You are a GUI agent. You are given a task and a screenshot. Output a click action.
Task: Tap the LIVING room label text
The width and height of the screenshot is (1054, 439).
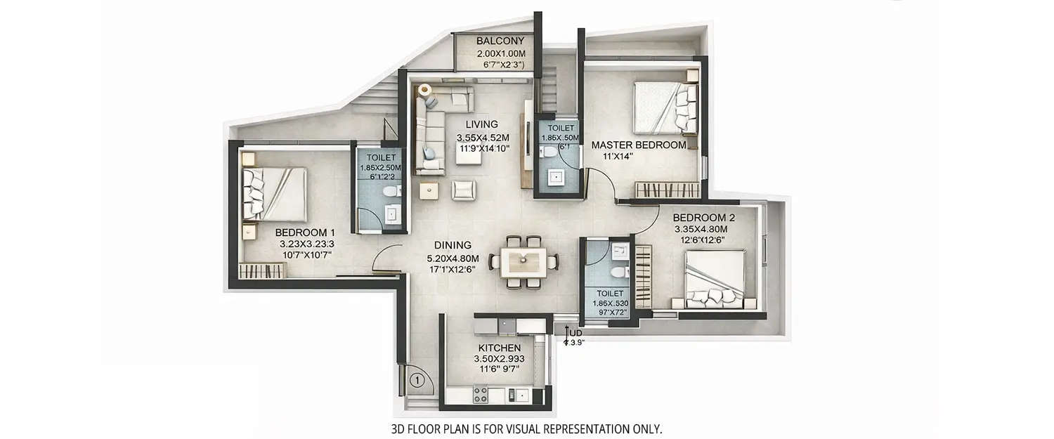click(x=481, y=124)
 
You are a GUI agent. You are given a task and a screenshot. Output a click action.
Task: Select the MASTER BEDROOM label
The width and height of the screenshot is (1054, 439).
click(x=638, y=145)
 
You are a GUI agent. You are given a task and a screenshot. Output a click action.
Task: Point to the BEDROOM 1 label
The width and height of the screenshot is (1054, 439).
click(x=305, y=232)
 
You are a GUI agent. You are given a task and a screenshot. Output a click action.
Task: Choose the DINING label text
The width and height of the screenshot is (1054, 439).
click(x=452, y=245)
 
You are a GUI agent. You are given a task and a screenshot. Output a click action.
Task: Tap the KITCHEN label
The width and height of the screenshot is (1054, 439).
click(x=499, y=348)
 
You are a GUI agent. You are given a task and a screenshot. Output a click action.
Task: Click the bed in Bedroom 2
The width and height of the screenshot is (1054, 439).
click(x=715, y=280)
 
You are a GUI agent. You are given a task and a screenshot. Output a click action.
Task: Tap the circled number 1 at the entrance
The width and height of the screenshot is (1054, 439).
click(x=415, y=381)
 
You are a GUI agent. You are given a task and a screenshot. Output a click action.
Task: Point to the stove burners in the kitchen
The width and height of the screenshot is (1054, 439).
click(x=481, y=395)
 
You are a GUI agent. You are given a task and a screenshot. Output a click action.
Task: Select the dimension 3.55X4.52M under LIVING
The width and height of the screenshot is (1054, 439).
click(x=481, y=138)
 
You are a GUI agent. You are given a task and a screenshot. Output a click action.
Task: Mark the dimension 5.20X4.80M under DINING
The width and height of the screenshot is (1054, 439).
click(x=452, y=257)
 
